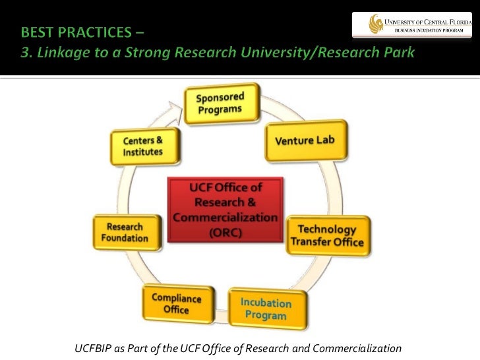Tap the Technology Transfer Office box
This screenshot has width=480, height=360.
pos(327,236)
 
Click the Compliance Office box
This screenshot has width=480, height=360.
pos(176,303)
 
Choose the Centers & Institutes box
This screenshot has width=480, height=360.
pos(142,146)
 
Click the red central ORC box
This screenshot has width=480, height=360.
pos(225,210)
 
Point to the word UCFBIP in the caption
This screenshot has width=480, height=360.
pos(94,348)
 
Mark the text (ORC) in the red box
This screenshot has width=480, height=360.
pos(225,234)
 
